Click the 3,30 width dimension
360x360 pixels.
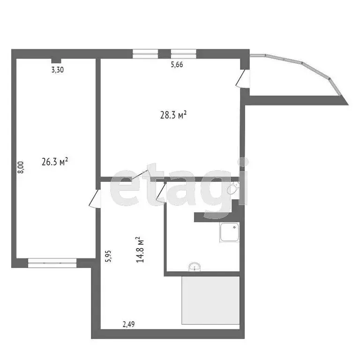tap(57, 70)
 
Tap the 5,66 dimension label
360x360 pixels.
tap(176, 65)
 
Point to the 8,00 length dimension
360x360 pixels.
tap(20, 168)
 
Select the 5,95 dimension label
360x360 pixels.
tap(108, 257)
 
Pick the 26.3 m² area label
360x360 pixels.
tap(55, 162)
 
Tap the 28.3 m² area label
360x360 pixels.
tap(174, 114)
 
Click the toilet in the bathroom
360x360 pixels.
tap(233, 190)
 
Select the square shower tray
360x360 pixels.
tap(229, 232)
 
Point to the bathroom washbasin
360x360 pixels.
tap(194, 267)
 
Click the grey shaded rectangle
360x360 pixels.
tap(211, 300)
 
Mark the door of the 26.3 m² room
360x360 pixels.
tap(95, 199)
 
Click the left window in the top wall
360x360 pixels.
tap(144, 53)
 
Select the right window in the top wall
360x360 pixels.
tap(183, 53)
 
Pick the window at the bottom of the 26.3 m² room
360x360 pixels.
tap(52, 263)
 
